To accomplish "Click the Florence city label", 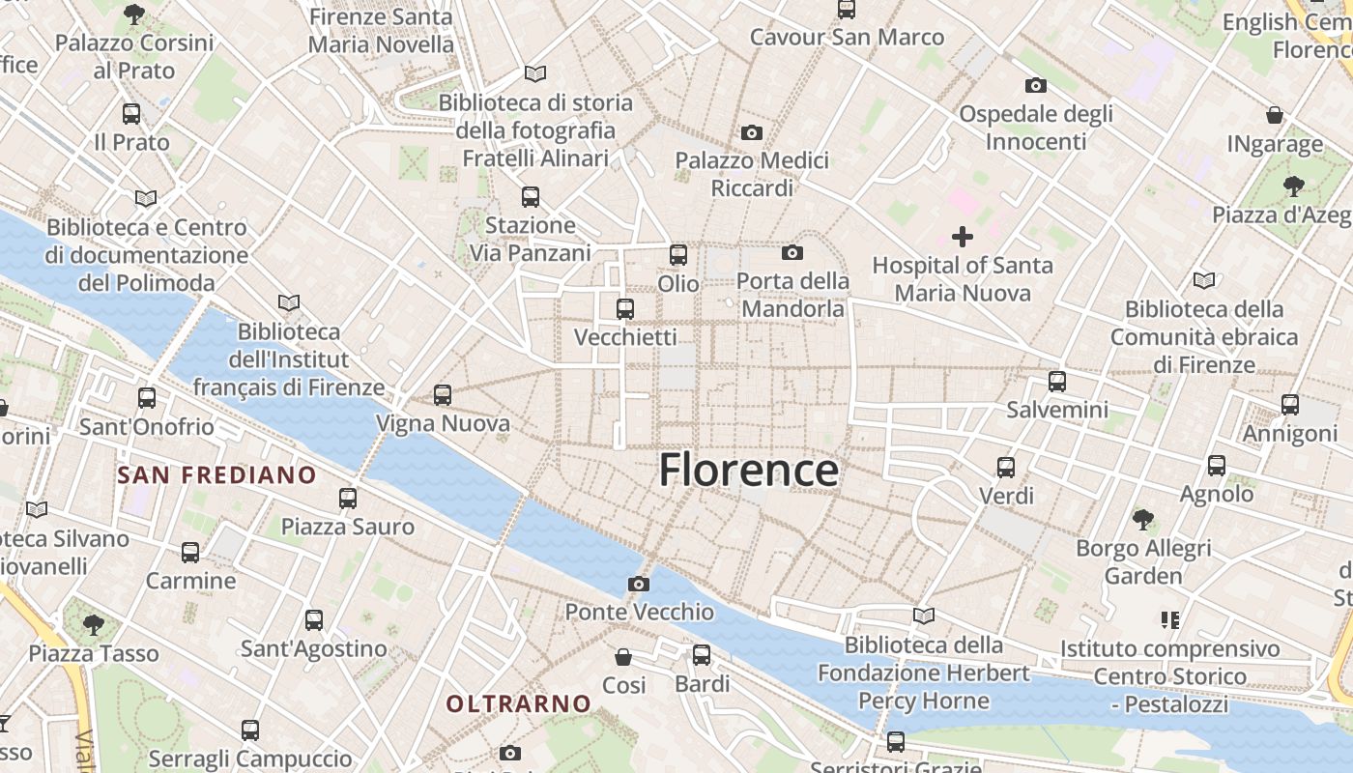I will (x=748, y=471).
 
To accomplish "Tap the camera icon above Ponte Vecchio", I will (x=638, y=584).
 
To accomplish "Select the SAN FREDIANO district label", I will (x=216, y=474).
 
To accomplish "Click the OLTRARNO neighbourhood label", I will (x=518, y=703).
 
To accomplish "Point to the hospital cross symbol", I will (x=963, y=236).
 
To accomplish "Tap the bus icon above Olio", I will (x=678, y=255).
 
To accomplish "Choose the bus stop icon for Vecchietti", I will (x=625, y=309).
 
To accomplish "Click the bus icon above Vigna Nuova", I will (x=443, y=394).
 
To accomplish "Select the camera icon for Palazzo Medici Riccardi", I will (x=752, y=132).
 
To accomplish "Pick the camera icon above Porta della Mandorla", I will (x=792, y=253).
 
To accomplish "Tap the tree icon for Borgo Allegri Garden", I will (x=1143, y=520).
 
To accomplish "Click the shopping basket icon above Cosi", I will (x=624, y=657).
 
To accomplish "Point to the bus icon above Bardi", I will (x=702, y=655).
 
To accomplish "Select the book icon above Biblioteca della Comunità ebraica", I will (x=1203, y=280).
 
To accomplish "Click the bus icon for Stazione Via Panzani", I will (x=530, y=197).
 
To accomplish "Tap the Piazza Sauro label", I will (x=347, y=527).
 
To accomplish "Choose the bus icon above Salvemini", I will (x=1057, y=381).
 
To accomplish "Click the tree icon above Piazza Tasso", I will (x=94, y=624).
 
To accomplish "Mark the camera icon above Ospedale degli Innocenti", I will (x=1036, y=85).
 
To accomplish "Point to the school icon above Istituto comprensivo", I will (x=1170, y=619).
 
